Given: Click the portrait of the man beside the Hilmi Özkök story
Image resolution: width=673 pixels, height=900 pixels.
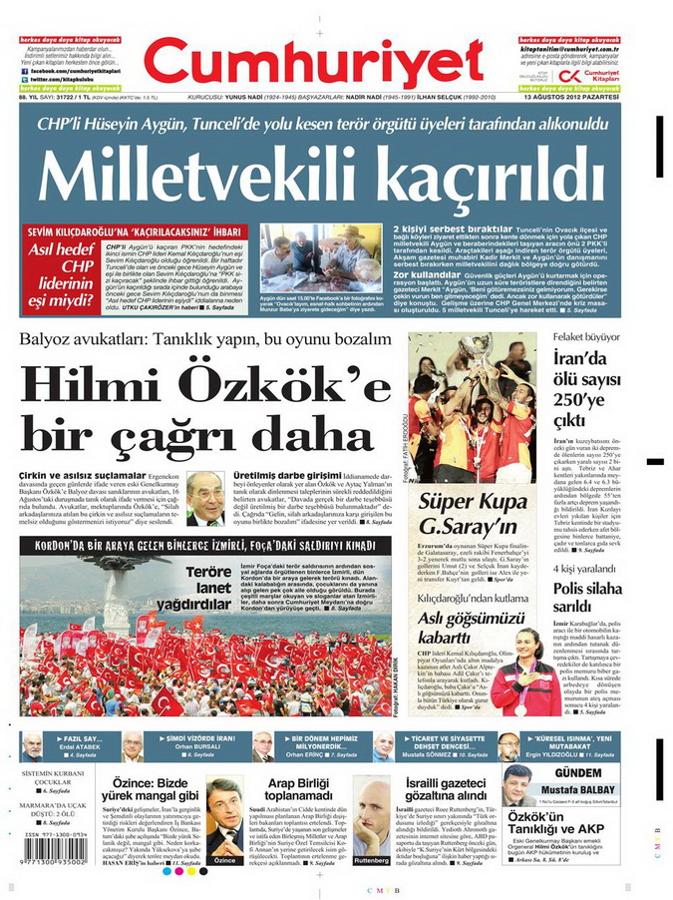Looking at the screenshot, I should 205,499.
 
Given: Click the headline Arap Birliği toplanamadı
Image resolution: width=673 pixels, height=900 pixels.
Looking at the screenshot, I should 295,790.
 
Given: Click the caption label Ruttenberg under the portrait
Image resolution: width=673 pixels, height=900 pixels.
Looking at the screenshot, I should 371,860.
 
